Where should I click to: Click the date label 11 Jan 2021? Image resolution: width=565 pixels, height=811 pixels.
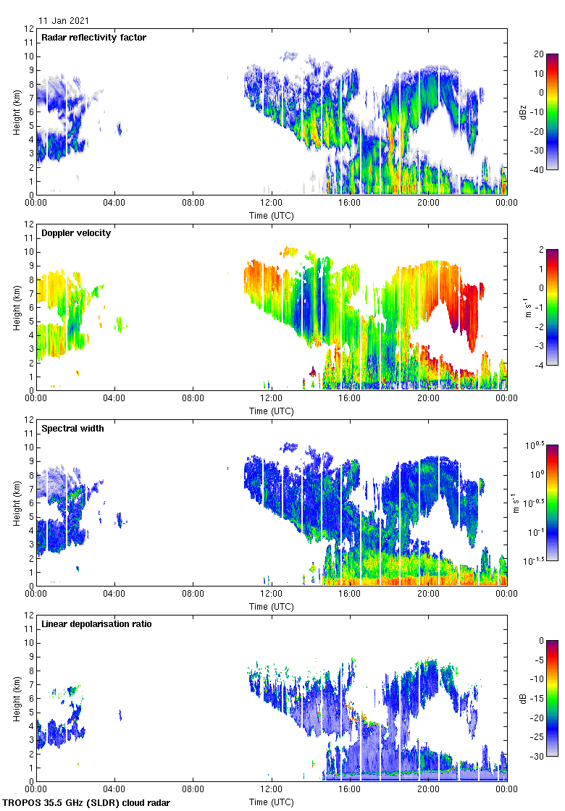coord(64,21)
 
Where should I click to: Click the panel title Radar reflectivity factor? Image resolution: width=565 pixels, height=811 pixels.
coord(93,37)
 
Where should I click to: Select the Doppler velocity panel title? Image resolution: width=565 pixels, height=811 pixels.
coord(76,232)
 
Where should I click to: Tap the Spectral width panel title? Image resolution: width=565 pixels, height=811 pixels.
coord(72,428)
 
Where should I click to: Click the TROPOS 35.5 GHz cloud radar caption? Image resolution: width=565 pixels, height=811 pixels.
coord(87,803)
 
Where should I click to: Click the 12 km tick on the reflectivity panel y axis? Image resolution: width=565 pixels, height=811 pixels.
coord(29,29)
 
